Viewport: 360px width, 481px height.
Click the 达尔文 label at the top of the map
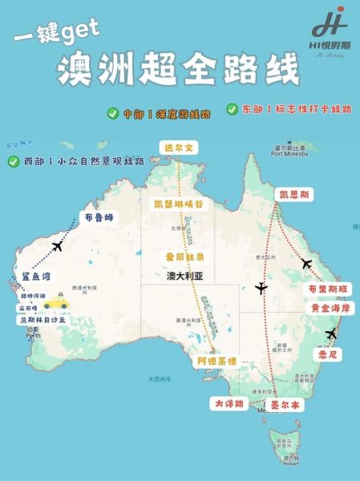click(x=179, y=148)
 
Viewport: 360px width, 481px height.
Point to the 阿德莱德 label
click(x=216, y=362)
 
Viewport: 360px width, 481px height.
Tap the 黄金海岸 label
click(x=330, y=308)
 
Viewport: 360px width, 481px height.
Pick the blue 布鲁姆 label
click(x=100, y=216)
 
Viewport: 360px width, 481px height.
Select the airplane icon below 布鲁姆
click(x=57, y=246)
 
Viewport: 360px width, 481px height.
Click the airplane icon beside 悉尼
click(x=331, y=333)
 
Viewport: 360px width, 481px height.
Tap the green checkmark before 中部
click(x=113, y=113)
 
